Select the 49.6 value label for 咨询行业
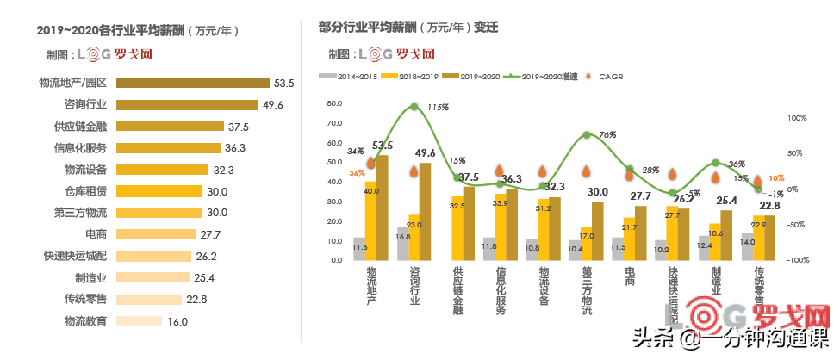pyautogui.click(x=274, y=105)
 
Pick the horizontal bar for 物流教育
pyautogui.click(x=139, y=320)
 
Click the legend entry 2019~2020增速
pyautogui.click(x=543, y=76)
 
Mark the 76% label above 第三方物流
pyautogui.click(x=607, y=135)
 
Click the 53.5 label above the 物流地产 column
pyautogui.click(x=383, y=146)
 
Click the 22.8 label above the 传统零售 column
pyautogui.click(x=769, y=205)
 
